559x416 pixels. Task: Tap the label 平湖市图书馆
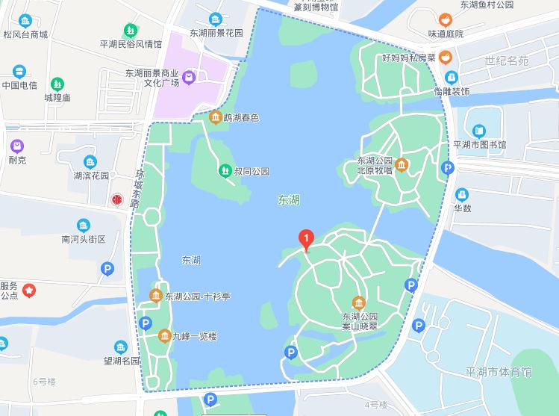pos(479,144)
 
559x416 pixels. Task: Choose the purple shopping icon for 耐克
pos(17,144)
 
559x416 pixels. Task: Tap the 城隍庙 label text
pos(57,98)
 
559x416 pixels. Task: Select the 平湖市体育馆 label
pos(497,372)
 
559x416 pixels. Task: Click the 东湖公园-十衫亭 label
pos(197,297)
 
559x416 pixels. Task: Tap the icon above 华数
pos(462,194)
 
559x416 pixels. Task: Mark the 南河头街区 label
pos(84,240)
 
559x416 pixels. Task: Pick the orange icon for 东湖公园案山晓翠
pos(359,302)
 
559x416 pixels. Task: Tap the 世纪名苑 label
pos(506,60)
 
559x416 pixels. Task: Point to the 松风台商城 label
pos(25,34)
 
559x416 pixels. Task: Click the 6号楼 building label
pos(44,382)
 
